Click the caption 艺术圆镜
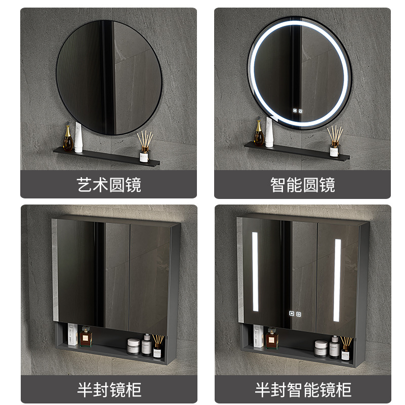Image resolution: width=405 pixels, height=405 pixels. pos(108,184)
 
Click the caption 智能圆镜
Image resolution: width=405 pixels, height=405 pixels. pos(303,184)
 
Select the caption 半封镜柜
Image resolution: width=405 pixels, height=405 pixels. pos(108,389)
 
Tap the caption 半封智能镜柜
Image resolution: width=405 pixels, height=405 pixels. pos(303,389)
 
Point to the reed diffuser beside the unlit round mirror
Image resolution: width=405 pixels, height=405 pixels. pos(144,144)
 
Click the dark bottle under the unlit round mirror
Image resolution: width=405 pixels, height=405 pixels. pos(67,139)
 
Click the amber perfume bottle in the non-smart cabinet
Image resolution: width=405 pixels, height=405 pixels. pos(86,336)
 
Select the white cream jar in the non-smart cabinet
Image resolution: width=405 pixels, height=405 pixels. pos(133,345)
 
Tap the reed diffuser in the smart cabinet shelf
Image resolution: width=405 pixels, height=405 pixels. pos(346,346)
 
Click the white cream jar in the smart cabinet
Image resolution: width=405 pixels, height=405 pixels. pos(320,348)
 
